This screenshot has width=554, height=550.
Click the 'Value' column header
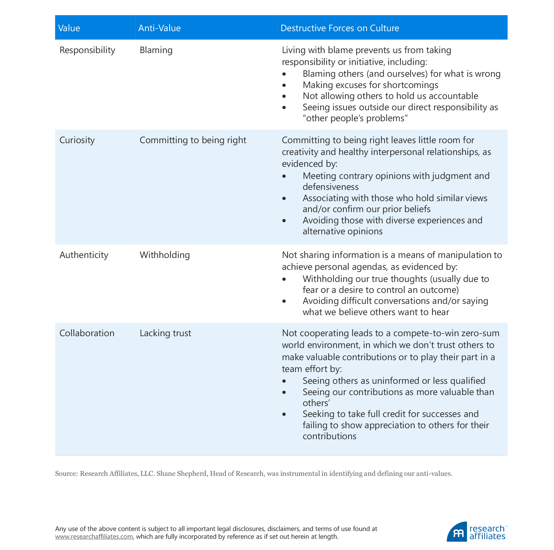point(69,28)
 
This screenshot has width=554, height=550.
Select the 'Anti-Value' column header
point(159,28)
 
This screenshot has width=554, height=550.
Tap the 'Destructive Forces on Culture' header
point(340,28)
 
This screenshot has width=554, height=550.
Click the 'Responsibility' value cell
point(87,50)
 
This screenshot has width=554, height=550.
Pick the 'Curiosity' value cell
point(77,140)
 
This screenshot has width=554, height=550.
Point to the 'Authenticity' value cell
point(84,255)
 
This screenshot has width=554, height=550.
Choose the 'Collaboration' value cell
point(87,333)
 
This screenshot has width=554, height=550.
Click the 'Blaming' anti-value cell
point(156,50)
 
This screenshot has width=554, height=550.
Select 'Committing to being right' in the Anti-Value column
point(193,140)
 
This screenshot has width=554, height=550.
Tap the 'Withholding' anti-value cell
point(164,255)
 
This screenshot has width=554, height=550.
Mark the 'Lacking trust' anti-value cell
point(165,333)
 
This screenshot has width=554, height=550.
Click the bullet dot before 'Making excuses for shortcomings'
point(284,85)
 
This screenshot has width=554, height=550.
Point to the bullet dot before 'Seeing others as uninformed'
point(284,381)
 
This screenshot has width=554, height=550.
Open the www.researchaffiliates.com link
point(94,536)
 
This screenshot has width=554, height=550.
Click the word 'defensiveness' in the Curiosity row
point(330,187)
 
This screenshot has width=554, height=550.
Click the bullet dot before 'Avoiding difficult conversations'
point(284,301)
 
